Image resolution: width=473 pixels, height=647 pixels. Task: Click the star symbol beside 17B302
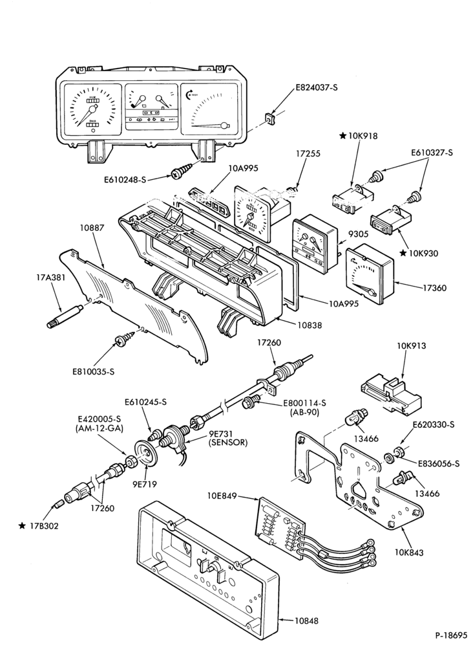[x=22, y=525]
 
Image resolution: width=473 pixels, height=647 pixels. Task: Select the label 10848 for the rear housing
[x=306, y=620]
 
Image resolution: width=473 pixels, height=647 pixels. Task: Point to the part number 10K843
[x=409, y=552]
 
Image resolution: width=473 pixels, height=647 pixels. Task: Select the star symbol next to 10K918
[x=343, y=136]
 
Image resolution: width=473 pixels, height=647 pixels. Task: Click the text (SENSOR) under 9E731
[x=228, y=443]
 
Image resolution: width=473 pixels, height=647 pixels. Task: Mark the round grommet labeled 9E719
[x=146, y=455]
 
